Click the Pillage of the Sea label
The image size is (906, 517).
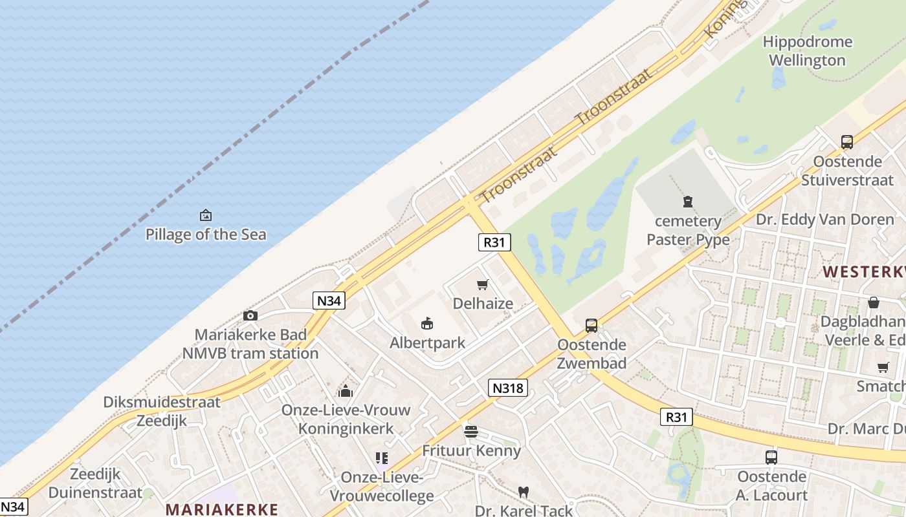tap(206, 234)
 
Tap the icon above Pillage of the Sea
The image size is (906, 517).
tap(206, 215)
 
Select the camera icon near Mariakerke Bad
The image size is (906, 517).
tap(250, 315)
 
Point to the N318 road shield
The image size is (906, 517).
tap(508, 388)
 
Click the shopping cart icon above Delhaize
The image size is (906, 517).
tap(482, 284)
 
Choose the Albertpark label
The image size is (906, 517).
tap(427, 343)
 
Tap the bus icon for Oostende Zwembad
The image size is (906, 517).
tap(591, 326)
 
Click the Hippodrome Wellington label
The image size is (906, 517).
tap(807, 51)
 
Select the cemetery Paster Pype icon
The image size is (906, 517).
tap(688, 202)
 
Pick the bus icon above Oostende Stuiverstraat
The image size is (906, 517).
tap(846, 142)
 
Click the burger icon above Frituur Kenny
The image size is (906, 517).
tap(471, 431)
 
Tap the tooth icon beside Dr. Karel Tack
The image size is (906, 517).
tap(524, 492)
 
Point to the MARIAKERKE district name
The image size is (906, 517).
tap(222, 509)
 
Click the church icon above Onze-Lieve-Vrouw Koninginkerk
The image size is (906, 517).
tap(346, 391)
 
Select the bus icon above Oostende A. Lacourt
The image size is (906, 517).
tap(771, 458)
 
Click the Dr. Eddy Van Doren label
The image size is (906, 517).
tap(825, 220)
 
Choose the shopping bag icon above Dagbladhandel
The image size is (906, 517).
tap(873, 302)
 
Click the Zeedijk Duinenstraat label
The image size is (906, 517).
tap(95, 483)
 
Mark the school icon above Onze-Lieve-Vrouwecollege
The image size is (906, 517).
tap(382, 458)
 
